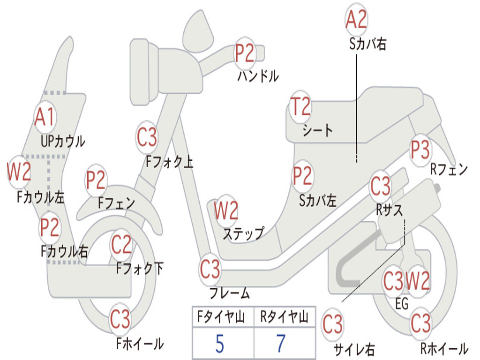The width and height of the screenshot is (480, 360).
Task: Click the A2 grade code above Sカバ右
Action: pos(356,19)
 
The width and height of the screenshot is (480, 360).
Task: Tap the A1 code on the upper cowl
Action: pos(45,117)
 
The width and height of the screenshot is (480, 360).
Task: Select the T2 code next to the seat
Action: pos(300,106)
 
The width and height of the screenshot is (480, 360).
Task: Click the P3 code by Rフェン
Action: pos(420,150)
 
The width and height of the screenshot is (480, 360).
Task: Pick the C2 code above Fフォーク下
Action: pos(121,245)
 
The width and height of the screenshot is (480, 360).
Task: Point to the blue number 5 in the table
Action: pos(220,344)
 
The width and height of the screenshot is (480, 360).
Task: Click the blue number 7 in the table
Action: pos(281,344)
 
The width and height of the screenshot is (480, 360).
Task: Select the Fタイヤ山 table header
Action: pos(221,317)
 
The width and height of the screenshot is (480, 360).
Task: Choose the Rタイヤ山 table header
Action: pos(284,317)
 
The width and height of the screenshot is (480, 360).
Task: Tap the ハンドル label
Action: pos(258,75)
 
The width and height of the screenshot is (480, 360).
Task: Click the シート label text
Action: pos(317,130)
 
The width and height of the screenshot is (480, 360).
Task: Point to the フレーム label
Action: pos(230,293)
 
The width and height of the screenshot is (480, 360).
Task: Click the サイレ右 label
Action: pos(354,350)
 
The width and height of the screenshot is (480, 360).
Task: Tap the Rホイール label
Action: pos(444,348)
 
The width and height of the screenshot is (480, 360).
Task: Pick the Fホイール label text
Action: pos(140,344)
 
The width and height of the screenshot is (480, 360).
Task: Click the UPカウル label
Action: pos(63,142)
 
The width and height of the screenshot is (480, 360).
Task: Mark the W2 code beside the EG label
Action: pos(418,281)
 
